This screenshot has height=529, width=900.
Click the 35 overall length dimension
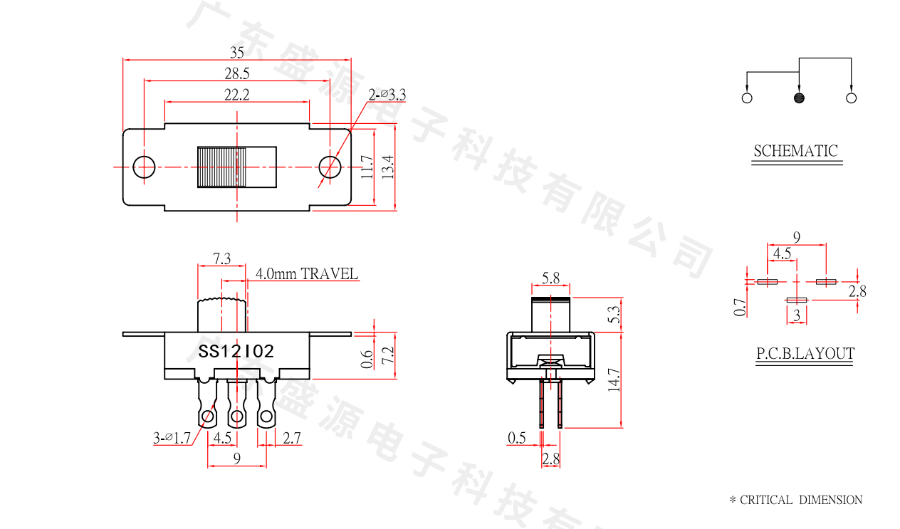(237, 52)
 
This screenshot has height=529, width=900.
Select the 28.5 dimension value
(237, 73)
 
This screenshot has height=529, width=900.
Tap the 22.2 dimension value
(237, 95)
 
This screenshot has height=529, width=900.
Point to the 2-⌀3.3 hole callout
(387, 95)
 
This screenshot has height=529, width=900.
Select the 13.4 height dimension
(388, 167)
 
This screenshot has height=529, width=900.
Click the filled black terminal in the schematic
(799, 98)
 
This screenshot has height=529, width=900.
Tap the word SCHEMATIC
(796, 151)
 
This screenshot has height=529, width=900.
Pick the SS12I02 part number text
(236, 352)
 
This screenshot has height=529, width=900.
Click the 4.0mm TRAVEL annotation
(307, 274)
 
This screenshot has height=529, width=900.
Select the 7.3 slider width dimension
(221, 258)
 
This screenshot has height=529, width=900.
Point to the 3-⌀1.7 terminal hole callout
(172, 438)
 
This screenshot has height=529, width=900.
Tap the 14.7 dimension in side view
(614, 380)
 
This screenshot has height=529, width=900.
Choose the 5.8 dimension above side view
(550, 278)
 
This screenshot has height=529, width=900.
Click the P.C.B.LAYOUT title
(805, 353)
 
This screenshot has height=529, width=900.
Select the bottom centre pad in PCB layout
(797, 300)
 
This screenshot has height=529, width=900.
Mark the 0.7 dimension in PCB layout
(740, 307)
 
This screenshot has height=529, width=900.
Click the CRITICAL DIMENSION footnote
(796, 500)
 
